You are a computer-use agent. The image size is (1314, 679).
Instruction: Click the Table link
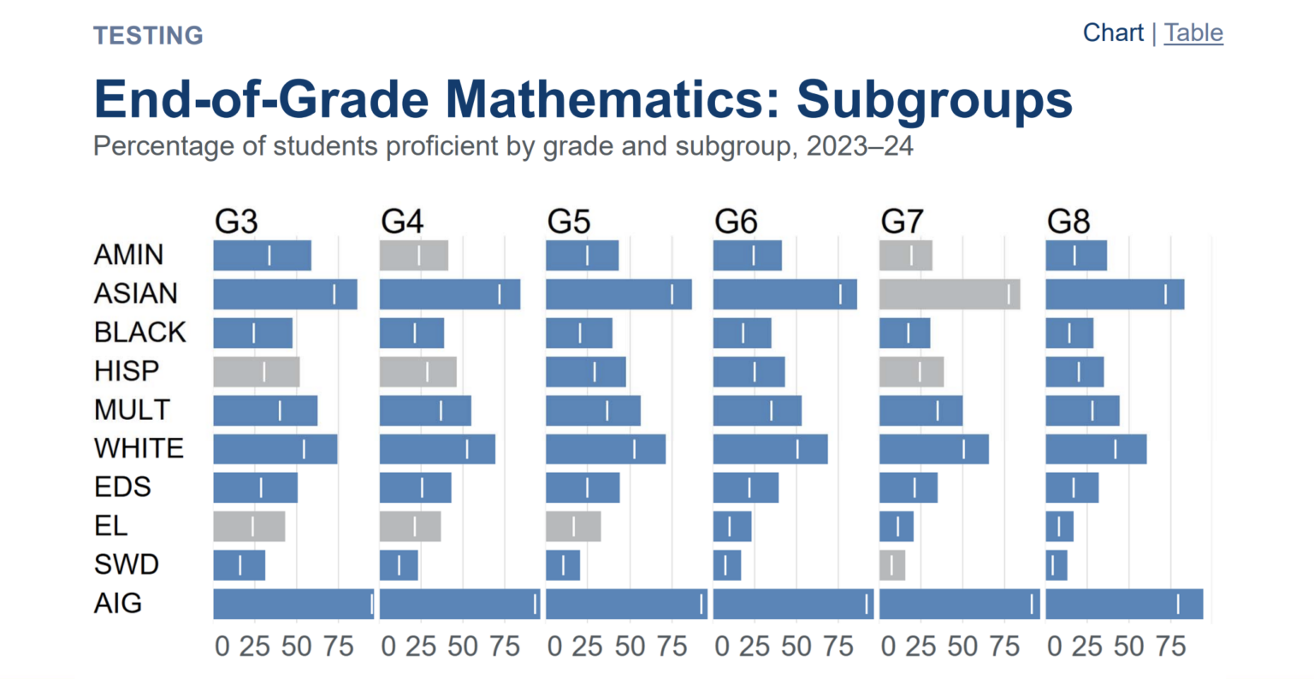coord(1193,33)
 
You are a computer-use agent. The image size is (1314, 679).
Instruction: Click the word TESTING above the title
coord(148,36)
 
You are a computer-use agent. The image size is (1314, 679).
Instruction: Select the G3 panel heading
coord(236,222)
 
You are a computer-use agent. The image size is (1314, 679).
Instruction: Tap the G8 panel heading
coord(1068,222)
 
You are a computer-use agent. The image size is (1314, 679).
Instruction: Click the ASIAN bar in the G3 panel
coord(285,294)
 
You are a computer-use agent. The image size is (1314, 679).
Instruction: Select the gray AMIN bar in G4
coord(414,256)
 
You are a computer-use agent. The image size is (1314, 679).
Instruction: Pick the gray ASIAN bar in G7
coord(950,294)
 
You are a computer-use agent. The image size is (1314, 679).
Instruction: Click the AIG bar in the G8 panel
coord(1124,604)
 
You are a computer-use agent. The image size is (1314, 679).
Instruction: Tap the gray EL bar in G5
coord(573,527)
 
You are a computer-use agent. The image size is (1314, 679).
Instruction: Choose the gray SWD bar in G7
coord(892,565)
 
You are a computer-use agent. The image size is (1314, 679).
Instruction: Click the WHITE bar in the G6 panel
coord(770,449)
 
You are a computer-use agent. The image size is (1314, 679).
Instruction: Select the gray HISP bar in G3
coord(256,372)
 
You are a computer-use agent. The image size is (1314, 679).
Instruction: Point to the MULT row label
coord(133,410)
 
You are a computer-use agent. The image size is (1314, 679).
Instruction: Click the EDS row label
coord(122,487)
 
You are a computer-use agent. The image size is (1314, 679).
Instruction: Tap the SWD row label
coord(127,565)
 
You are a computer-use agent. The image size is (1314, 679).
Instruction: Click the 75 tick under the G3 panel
coord(339,647)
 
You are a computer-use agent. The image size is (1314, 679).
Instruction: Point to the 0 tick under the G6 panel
coord(722,647)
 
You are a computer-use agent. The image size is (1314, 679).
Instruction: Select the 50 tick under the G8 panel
coord(1129,647)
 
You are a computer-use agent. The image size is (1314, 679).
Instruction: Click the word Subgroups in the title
coord(934,99)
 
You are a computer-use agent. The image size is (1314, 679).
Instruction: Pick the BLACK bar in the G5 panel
coord(579,334)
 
